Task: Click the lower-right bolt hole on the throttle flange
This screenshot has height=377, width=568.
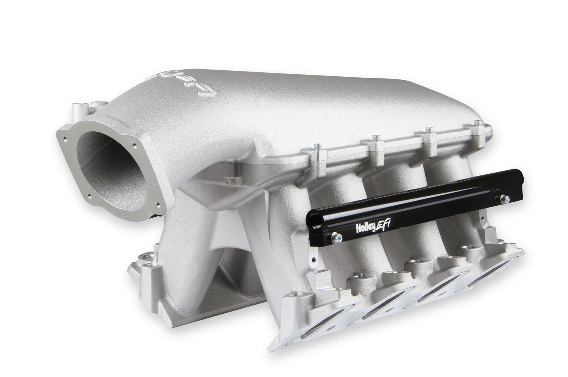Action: click(159, 204)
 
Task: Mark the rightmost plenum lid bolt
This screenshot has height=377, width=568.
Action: click(476, 123)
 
